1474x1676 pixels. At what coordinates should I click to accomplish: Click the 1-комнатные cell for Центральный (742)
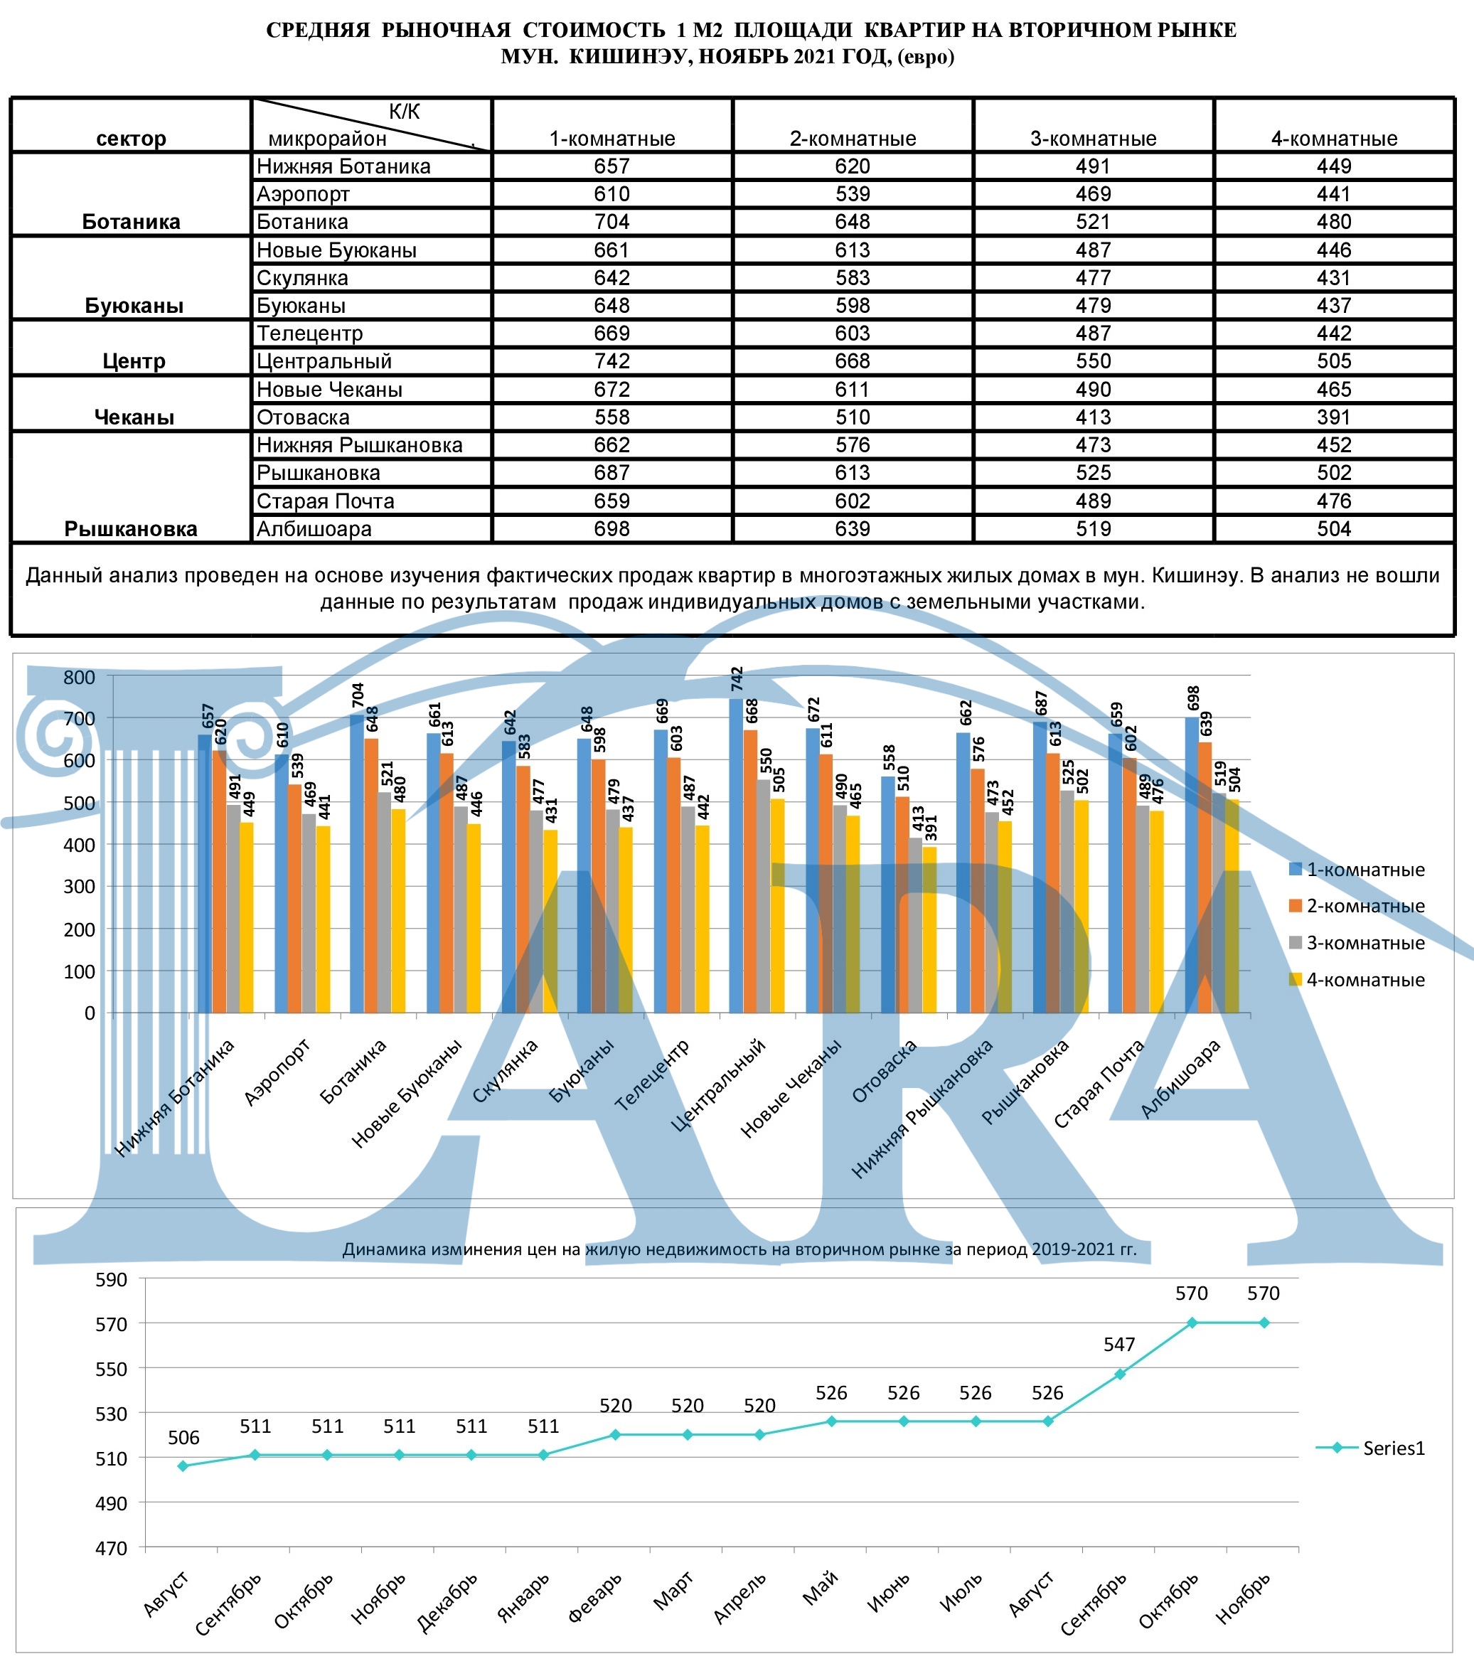pyautogui.click(x=612, y=361)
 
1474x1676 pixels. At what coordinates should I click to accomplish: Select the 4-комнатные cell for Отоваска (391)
pyautogui.click(x=1334, y=417)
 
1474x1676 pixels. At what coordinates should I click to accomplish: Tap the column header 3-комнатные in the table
pyautogui.click(x=1093, y=138)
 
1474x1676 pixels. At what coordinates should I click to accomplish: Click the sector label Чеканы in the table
pyautogui.click(x=134, y=417)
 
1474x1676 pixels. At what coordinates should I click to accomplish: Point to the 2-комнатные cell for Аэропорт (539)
pyautogui.click(x=853, y=193)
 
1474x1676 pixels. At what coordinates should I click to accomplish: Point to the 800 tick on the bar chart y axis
pyautogui.click(x=80, y=677)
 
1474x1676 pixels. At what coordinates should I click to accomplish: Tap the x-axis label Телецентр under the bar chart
pyautogui.click(x=652, y=1074)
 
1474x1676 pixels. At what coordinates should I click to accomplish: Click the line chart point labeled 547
pyautogui.click(x=1120, y=1375)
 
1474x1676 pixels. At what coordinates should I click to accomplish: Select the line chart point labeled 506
pyautogui.click(x=183, y=1466)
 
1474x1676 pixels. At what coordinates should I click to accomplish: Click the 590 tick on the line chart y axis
pyautogui.click(x=112, y=1280)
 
